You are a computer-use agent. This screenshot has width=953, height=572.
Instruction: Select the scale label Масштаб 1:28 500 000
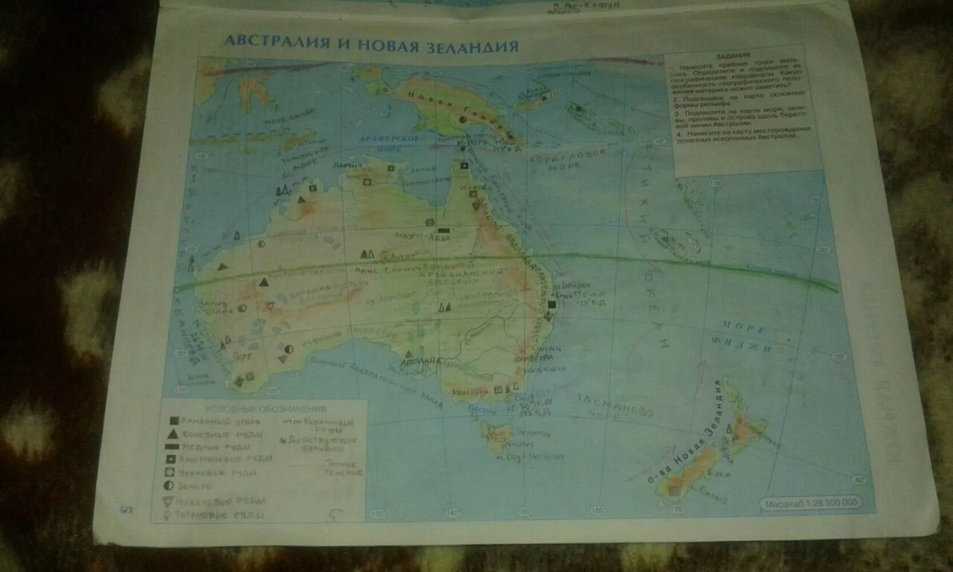point(812,503)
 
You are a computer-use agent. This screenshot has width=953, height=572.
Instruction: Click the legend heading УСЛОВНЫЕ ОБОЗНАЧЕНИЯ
point(265,409)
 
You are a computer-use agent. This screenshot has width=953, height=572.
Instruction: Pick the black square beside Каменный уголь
point(174,421)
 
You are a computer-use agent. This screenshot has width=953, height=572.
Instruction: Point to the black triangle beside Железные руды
point(174,434)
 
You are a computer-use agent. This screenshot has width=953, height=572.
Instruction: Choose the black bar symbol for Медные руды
point(173,446)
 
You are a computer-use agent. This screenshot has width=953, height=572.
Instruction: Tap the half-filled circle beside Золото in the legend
point(169,486)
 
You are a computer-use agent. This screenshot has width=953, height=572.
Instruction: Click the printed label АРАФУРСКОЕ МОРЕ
point(388,143)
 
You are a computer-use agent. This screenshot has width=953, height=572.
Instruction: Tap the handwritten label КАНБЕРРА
point(533,358)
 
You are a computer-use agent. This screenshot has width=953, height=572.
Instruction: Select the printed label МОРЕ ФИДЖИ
point(746,337)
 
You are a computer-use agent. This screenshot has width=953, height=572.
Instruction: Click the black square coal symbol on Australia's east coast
point(552,304)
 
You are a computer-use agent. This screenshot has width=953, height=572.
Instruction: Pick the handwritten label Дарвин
point(347,165)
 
